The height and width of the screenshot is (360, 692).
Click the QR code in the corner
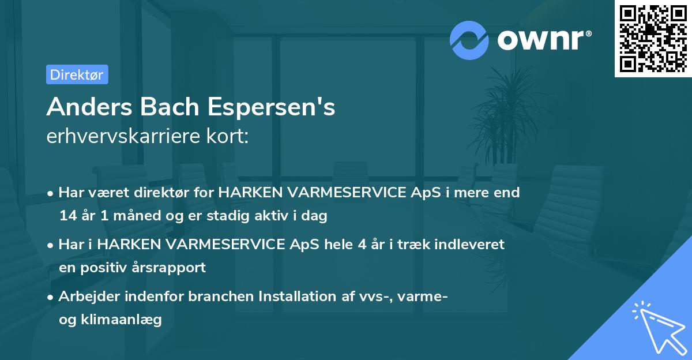click(653, 38)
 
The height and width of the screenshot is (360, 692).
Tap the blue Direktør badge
click(77, 74)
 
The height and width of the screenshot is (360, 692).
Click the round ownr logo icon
click(469, 40)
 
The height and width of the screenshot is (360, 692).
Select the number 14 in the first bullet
click(67, 216)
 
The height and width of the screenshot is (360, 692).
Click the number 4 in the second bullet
click(362, 245)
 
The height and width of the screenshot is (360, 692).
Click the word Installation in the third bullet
click(296, 297)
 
